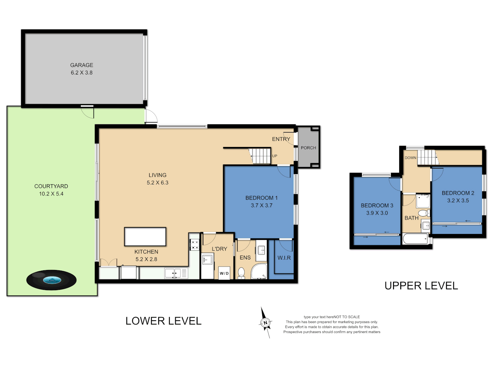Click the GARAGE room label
81,65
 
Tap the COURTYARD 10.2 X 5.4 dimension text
51,194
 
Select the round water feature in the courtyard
51,280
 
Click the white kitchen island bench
145,237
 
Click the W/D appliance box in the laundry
224,273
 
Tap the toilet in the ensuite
241,273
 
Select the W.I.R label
284,258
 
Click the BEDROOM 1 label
261,198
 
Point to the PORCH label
308,148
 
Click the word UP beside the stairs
275,156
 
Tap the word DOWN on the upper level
410,158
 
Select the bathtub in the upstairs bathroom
415,239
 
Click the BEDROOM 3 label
377,206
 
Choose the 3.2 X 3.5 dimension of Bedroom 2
458,201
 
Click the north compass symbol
265,322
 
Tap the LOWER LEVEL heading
163,321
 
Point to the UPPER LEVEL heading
421,286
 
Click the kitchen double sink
173,273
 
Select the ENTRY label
281,139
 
